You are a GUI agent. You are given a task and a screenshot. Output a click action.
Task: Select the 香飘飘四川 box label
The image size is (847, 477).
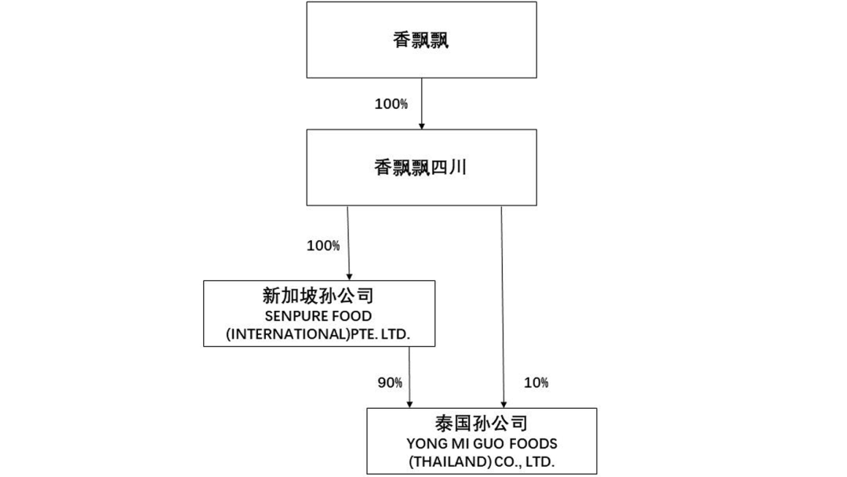coord(421,167)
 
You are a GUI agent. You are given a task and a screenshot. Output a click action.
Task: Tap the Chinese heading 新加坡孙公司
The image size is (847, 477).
coord(318,297)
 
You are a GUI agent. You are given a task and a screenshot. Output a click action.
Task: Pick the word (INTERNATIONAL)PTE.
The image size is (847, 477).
coord(299,335)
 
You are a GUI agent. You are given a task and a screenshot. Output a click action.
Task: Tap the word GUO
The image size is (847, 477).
coord(486,444)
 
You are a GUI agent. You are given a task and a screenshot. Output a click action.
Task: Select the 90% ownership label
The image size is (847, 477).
coord(390,383)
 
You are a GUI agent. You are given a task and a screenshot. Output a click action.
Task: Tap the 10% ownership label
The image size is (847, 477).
coord(536,383)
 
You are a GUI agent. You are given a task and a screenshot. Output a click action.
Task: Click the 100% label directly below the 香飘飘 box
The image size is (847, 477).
coord(391,104)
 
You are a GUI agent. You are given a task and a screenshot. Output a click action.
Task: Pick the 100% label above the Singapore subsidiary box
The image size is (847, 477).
coord(323,246)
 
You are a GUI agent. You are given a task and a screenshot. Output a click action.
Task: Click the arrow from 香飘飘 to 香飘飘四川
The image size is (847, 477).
coord(422,103)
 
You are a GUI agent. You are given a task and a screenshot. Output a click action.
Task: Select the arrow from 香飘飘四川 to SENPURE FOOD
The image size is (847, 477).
coord(347,243)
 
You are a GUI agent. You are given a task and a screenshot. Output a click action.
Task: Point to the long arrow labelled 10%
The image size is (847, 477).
coord(502,306)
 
